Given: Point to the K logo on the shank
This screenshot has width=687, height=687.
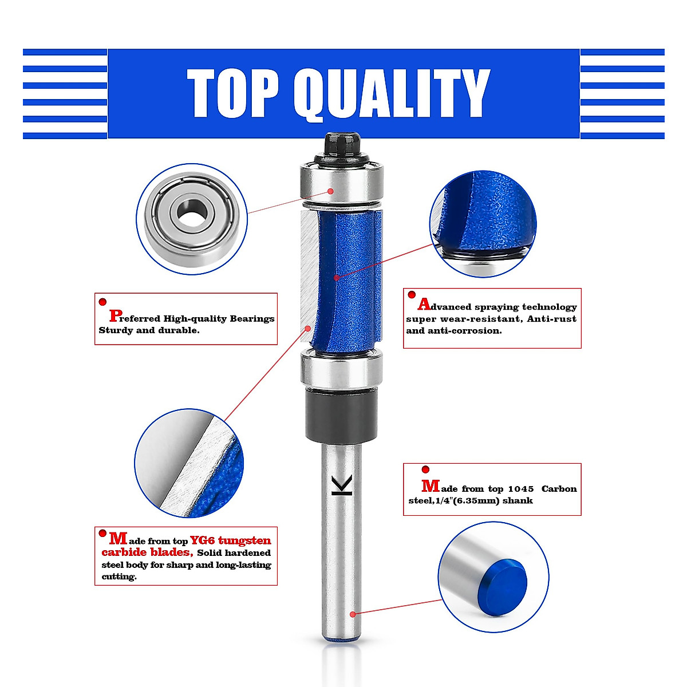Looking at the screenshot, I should pos(342,485).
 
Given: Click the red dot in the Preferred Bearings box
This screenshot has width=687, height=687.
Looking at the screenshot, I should pos(102,302).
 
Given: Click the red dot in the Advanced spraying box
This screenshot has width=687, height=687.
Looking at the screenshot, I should pos(411,295).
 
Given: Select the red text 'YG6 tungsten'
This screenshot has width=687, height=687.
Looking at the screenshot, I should pos(230,540).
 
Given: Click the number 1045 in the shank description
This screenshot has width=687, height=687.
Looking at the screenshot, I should pos(520,489).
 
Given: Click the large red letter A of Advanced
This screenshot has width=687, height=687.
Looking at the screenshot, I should pos(424,305).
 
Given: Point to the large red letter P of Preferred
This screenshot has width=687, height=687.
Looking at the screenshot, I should pos(115,315).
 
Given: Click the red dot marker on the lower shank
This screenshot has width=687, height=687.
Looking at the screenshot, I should pos(353,614).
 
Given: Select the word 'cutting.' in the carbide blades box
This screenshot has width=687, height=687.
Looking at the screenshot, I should pos(119,577).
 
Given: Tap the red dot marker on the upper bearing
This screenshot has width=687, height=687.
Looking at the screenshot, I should pos(330,191).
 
